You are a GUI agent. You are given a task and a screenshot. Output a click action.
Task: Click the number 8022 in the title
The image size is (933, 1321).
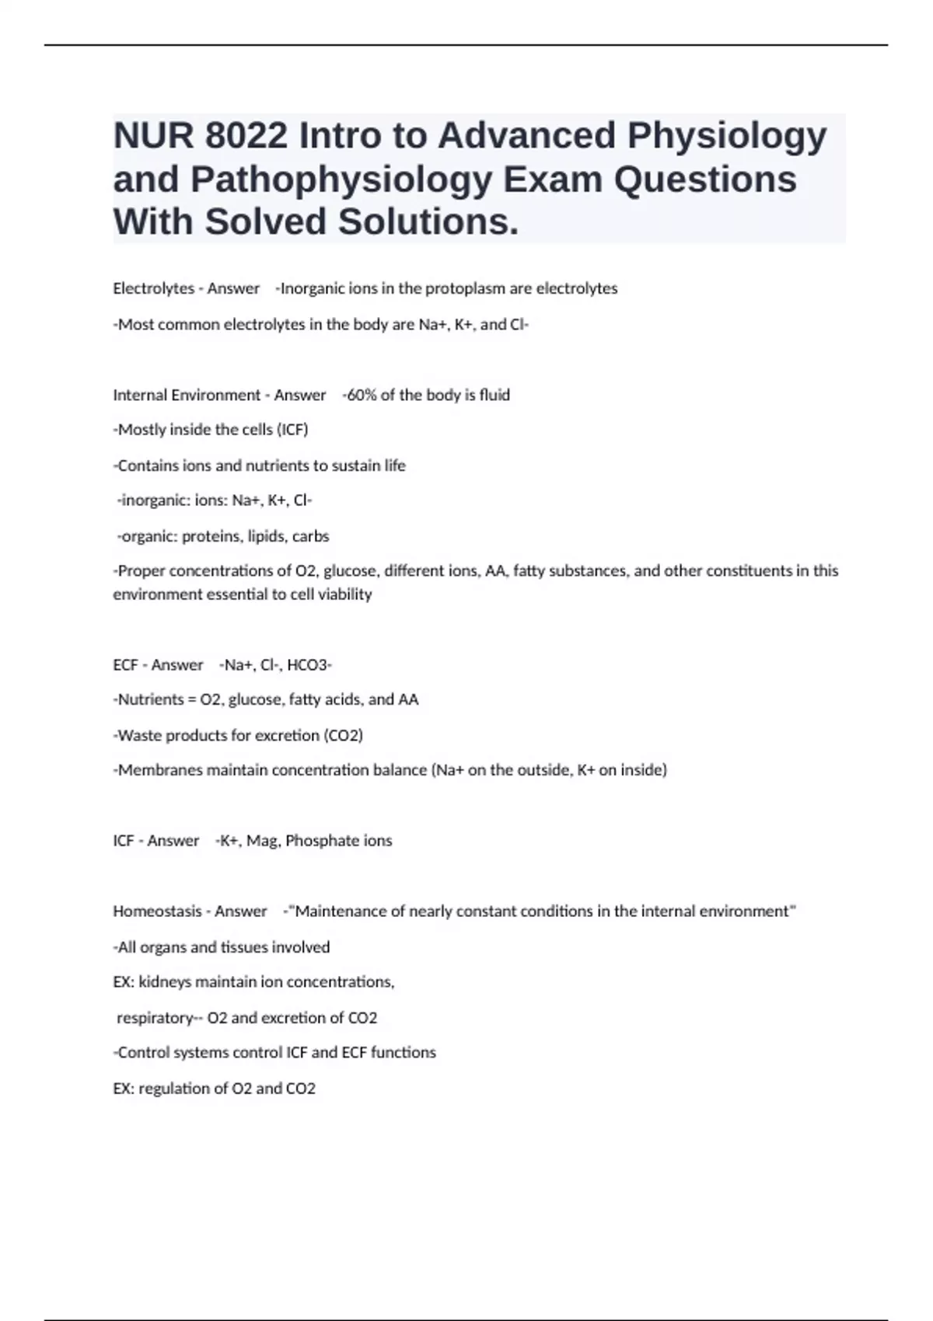click(x=246, y=136)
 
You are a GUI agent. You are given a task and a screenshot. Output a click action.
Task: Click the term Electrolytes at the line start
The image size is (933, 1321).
click(x=153, y=288)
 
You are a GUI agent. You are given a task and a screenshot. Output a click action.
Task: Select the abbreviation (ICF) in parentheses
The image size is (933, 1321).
click(x=292, y=430)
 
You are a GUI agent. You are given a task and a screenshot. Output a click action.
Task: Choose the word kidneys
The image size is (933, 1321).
click(x=165, y=982)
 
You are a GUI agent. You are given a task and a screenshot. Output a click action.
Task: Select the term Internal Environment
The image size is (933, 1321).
click(x=187, y=395)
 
